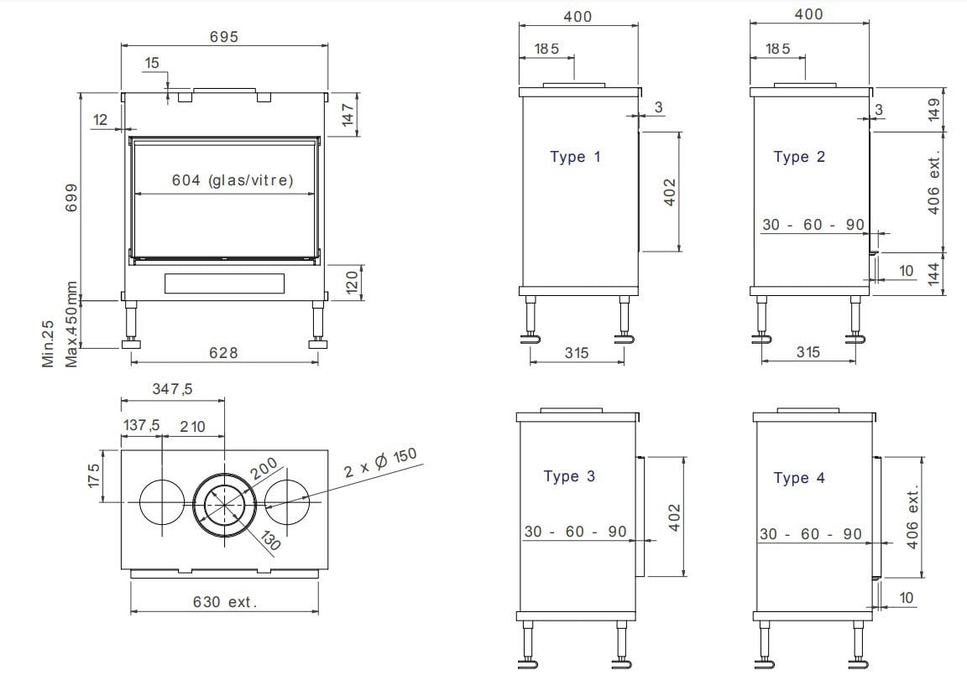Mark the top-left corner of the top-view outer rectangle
coord(121,449)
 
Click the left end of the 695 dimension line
coord(121,45)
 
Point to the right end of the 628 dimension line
coord(318,362)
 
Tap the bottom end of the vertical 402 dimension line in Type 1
coord(679,252)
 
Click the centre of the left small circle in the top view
coord(161,501)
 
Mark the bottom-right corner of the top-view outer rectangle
coord(328,569)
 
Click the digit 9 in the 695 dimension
coord(223,37)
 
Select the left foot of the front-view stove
coord(131,343)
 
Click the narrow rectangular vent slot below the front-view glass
coord(224,283)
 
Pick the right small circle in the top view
coord(287,501)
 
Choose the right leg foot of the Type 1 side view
coord(625,339)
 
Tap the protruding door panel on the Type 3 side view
coord(640,517)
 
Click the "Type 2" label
coord(799,157)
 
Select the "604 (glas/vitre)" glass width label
coord(232,179)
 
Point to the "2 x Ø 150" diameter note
coord(380,463)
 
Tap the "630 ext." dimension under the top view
coord(224,601)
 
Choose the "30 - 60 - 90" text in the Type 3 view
coord(575,531)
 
